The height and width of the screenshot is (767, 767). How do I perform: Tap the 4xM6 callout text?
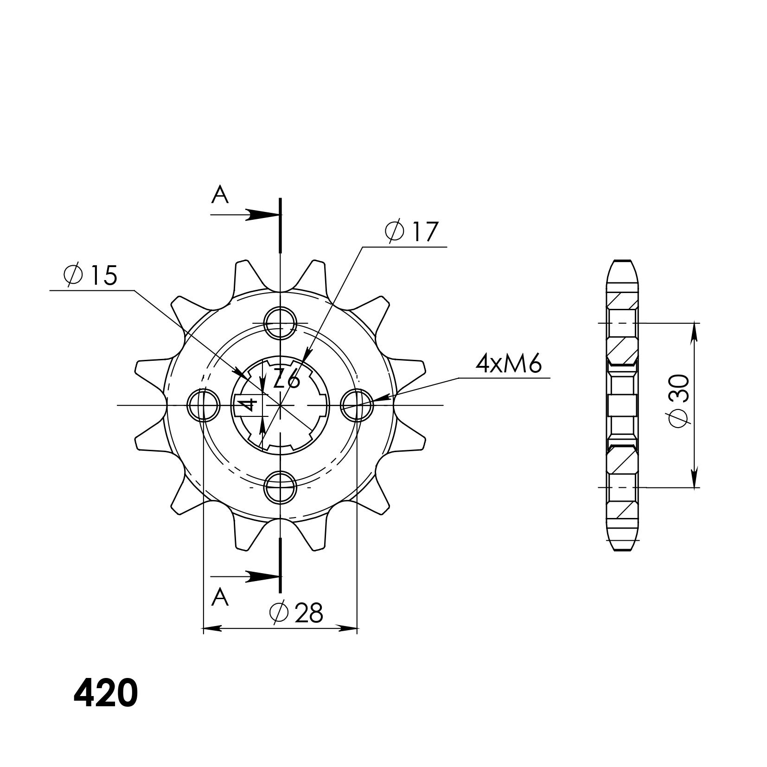point(508,365)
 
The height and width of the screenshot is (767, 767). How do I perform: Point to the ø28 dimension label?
point(296,614)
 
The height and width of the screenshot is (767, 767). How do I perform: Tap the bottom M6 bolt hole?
point(280,487)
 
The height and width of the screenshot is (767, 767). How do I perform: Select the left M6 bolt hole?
point(203,405)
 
